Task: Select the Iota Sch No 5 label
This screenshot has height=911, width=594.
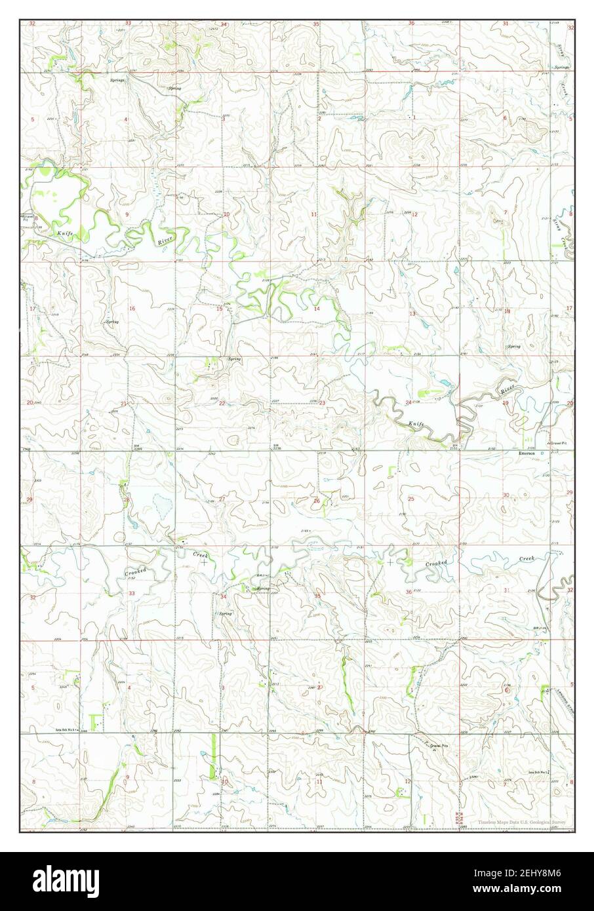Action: [67, 729]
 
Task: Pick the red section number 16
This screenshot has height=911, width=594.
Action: [132, 309]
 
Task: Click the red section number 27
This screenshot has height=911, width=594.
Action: [222, 499]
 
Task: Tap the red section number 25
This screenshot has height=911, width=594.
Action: [411, 499]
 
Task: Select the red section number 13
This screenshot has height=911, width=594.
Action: [412, 314]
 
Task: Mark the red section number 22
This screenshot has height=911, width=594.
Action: [222, 403]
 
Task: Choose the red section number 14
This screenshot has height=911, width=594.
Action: [317, 309]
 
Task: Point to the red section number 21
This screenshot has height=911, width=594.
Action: [123, 404]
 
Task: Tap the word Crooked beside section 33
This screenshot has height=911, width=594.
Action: [136, 572]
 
